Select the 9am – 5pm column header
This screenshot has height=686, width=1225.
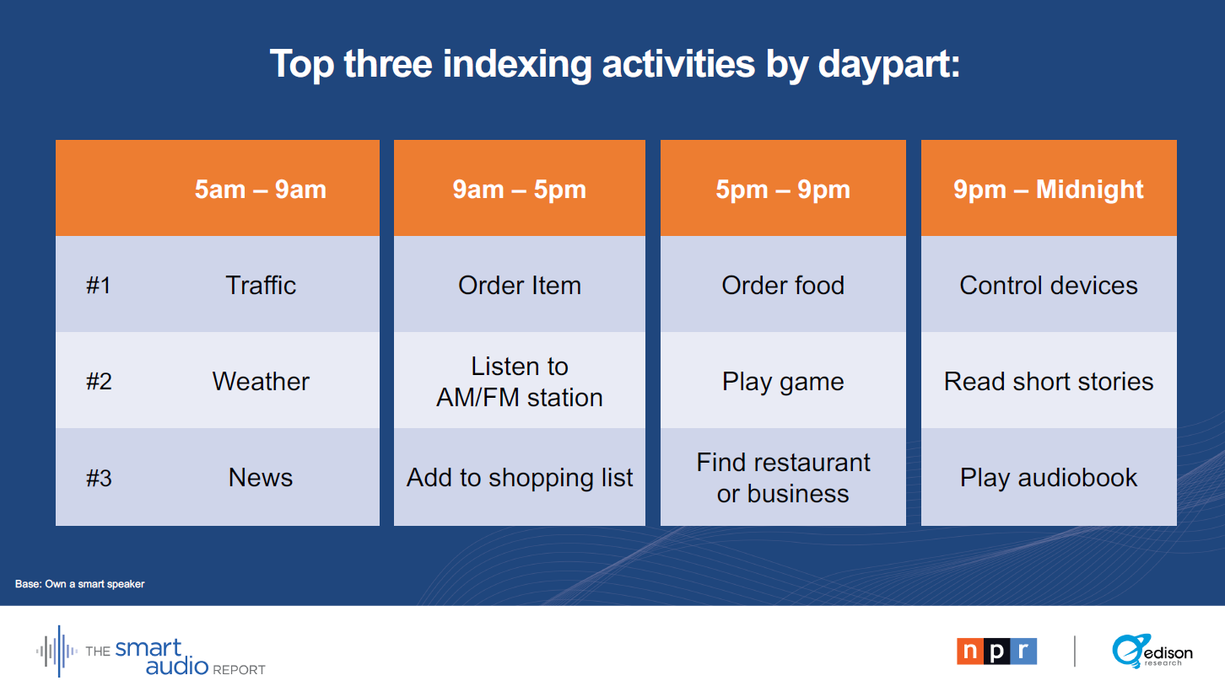[x=519, y=190]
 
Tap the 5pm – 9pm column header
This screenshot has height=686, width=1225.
[x=783, y=190]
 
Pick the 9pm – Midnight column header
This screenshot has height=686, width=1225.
[x=1049, y=190]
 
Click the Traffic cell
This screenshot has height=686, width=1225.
[x=261, y=285]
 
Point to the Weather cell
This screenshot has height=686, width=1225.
[x=261, y=381]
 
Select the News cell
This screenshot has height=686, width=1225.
[x=261, y=477]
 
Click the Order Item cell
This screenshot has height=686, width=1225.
[x=519, y=285]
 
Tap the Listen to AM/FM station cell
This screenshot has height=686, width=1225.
[x=519, y=381]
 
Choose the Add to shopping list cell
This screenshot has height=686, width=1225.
[x=519, y=478]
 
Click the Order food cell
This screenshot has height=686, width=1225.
[x=783, y=285]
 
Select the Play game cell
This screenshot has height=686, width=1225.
[x=783, y=382]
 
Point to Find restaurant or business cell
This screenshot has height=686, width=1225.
[x=783, y=478]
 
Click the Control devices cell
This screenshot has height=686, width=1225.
[x=1049, y=285]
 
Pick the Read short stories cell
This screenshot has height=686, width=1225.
[x=1049, y=381]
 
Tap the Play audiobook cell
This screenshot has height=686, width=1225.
[x=1049, y=478]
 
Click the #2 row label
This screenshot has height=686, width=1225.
[x=99, y=381]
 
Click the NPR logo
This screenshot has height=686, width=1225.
[x=996, y=651]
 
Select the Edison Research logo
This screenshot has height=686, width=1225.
[x=1152, y=651]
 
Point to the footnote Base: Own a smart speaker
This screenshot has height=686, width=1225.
[x=80, y=584]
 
